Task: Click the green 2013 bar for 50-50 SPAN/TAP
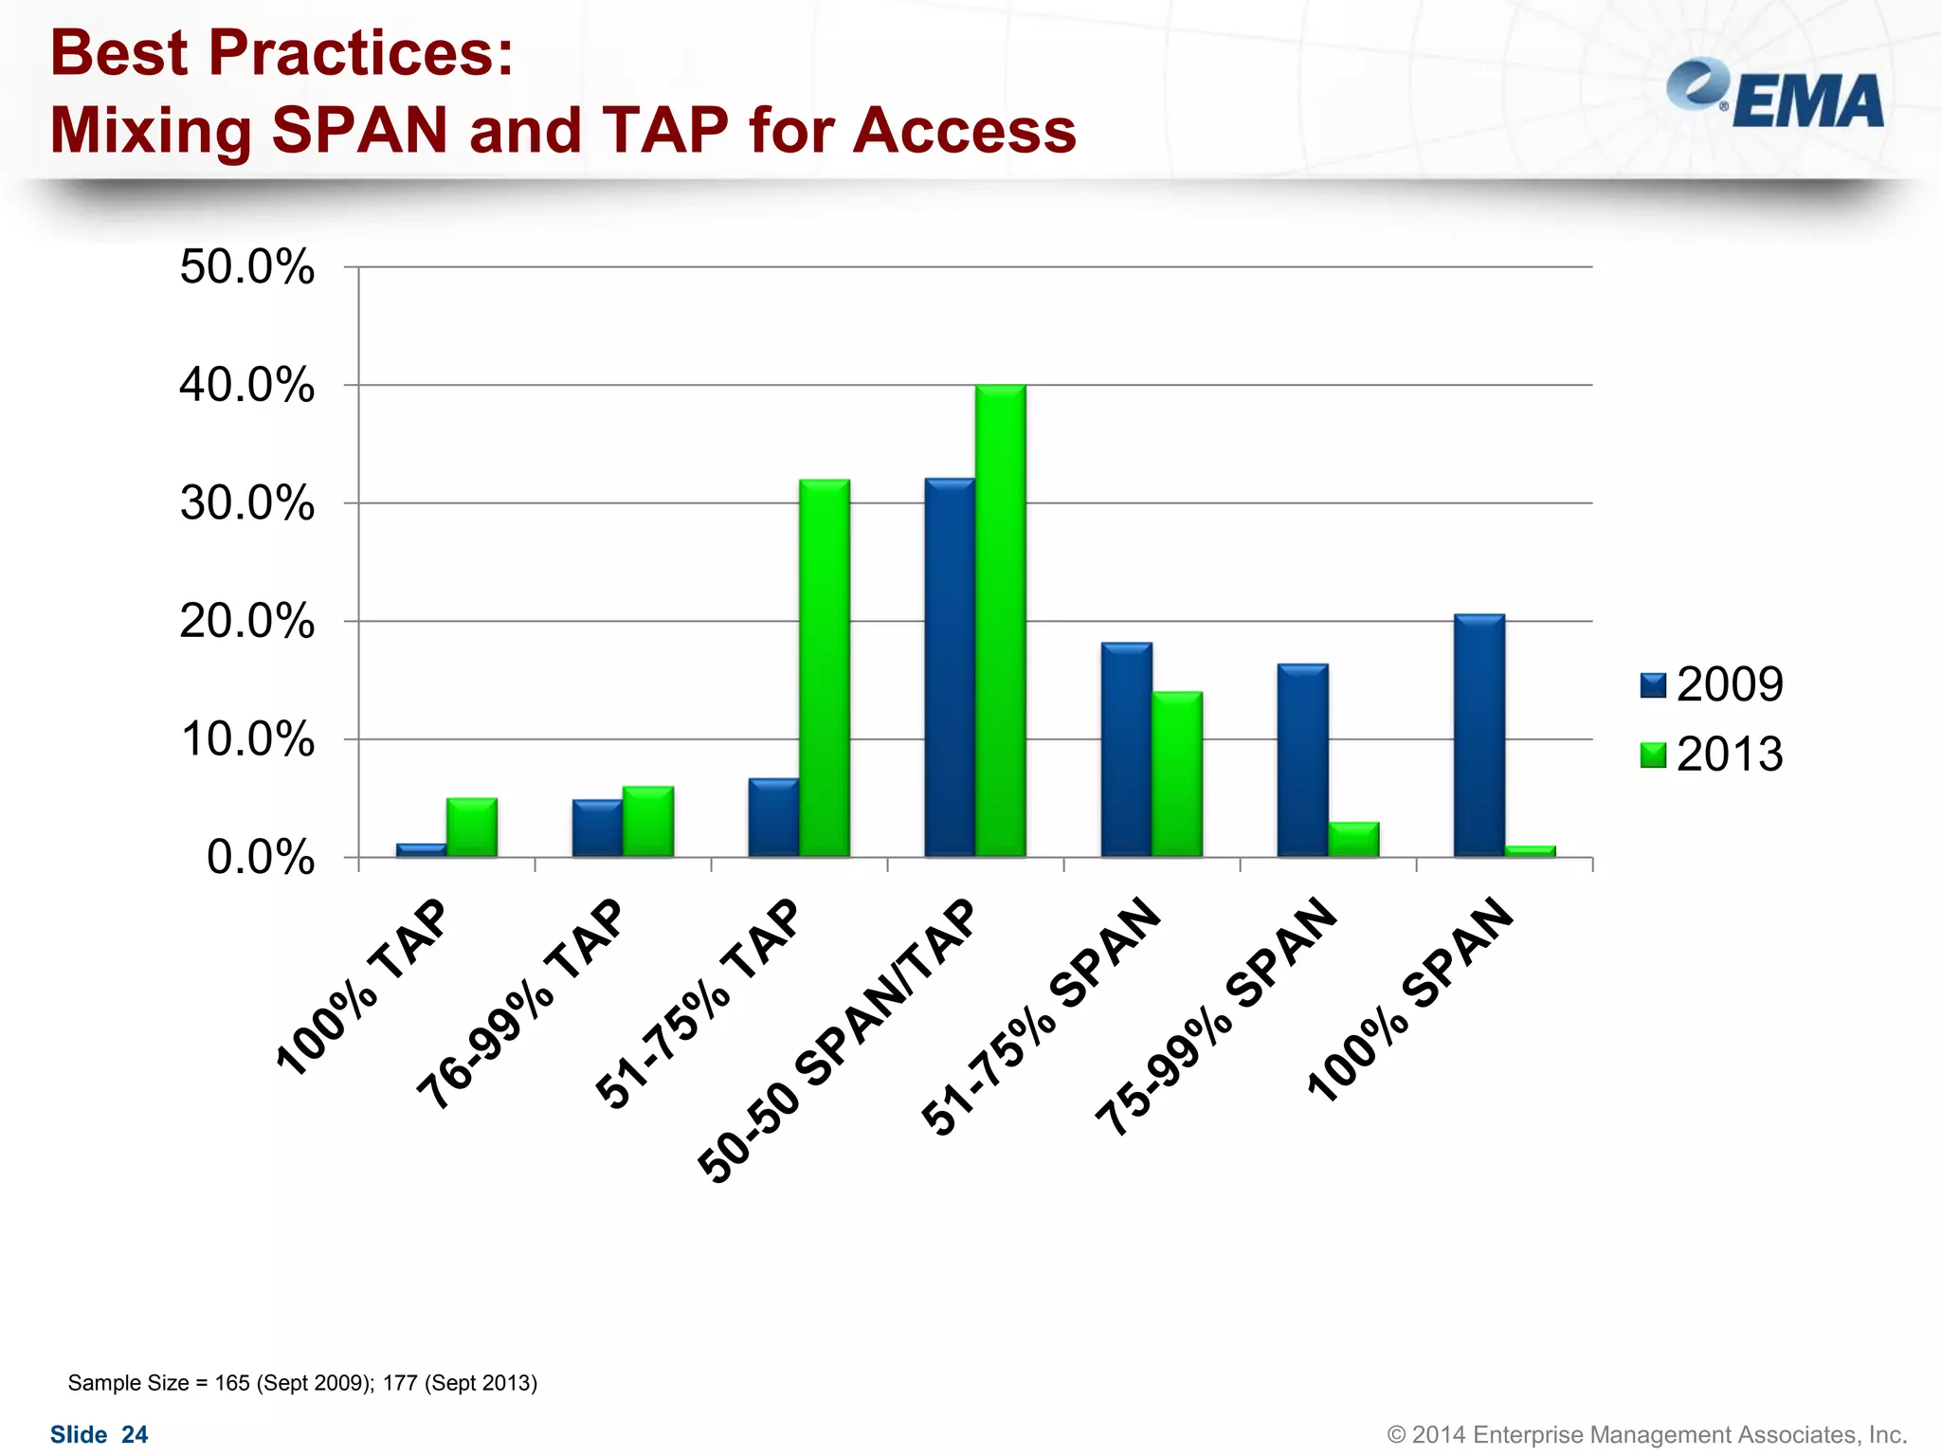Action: pos(1001,621)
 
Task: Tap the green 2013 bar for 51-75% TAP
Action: pos(825,668)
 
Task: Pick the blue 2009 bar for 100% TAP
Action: pos(421,850)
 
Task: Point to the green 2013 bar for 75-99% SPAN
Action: pos(1353,840)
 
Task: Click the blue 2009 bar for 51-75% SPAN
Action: pos(1126,750)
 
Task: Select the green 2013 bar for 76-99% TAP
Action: pos(648,822)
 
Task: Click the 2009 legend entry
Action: pos(1712,684)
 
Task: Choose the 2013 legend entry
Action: pos(1712,755)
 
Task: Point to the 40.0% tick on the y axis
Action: pos(247,386)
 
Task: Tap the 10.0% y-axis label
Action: pos(247,739)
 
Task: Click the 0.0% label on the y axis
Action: pos(261,858)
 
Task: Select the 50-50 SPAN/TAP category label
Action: pos(836,1041)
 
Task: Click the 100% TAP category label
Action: pos(360,987)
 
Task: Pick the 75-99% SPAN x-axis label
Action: pos(1216,1015)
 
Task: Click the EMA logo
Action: pos(1774,96)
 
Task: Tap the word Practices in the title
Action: pos(360,53)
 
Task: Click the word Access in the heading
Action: pos(964,130)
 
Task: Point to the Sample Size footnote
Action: pos(302,1383)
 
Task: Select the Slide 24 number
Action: pos(99,1434)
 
